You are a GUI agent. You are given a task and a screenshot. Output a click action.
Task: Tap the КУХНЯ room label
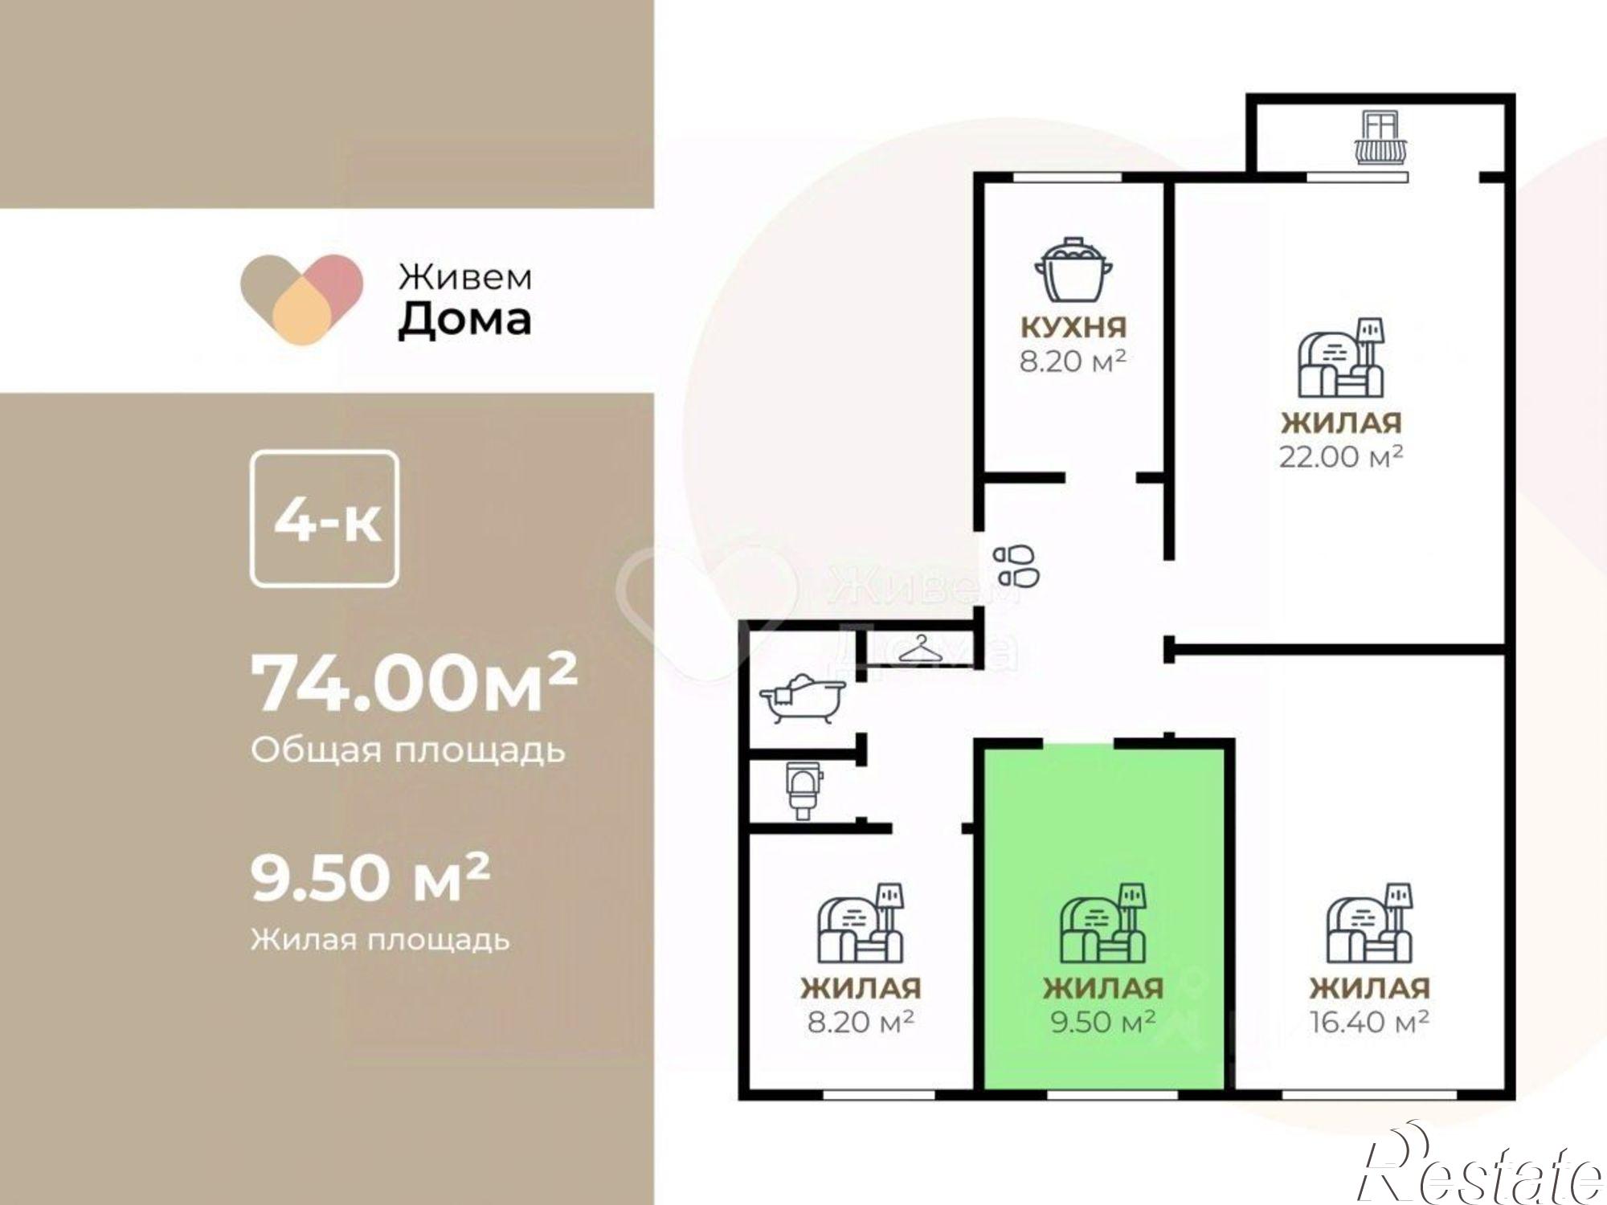(1073, 327)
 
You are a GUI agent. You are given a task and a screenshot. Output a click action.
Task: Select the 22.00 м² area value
(1341, 456)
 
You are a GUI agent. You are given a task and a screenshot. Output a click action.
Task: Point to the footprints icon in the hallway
(1016, 566)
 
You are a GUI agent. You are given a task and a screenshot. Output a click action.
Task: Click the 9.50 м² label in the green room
(1103, 1022)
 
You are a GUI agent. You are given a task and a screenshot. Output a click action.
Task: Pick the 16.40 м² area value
(1369, 1022)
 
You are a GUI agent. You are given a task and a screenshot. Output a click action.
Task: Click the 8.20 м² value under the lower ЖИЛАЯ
(861, 1022)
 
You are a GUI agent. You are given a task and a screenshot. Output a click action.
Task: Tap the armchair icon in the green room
(1102, 924)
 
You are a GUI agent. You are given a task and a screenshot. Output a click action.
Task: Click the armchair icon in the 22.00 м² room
(1341, 358)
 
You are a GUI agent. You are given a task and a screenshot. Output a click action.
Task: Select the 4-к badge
(325, 520)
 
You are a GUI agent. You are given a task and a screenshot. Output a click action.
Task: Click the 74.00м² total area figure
(414, 684)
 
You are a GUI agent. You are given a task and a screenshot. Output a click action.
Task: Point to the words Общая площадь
(408, 750)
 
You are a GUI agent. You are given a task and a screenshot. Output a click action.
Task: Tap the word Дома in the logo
(464, 320)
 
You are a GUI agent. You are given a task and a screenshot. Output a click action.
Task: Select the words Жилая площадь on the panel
(380, 938)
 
